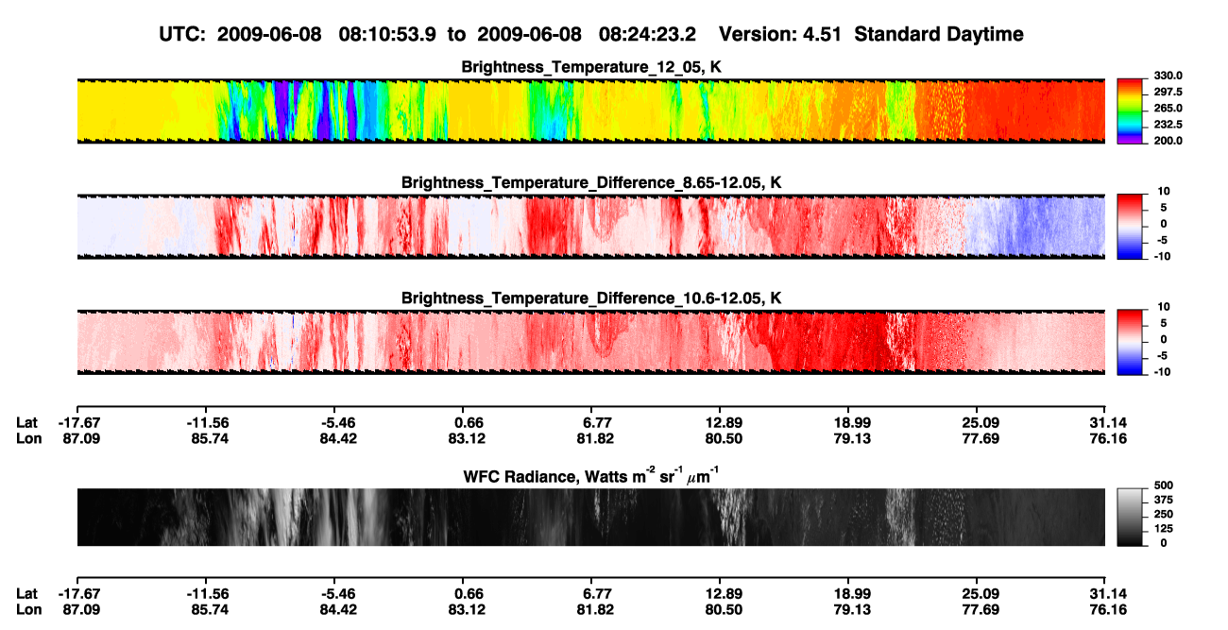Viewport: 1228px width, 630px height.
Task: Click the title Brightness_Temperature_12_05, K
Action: click(x=591, y=67)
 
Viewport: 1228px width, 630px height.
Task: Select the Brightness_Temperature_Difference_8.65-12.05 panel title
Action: click(x=591, y=182)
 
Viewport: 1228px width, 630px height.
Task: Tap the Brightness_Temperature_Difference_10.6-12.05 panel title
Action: click(x=591, y=298)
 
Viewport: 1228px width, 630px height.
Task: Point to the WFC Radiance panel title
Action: click(x=590, y=475)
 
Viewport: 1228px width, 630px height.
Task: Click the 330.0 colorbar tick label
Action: click(x=1168, y=76)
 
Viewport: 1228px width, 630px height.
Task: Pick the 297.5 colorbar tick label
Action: click(x=1168, y=93)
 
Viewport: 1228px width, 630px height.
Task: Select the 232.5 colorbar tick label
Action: click(x=1168, y=125)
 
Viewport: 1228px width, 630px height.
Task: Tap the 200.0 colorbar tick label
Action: click(x=1168, y=141)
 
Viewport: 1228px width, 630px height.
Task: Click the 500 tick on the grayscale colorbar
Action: click(x=1164, y=485)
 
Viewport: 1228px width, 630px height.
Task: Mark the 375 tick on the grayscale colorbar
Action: click(x=1164, y=500)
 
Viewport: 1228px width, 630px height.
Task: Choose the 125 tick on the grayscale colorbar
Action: click(x=1164, y=529)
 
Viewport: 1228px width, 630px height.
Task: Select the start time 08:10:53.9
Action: click(x=387, y=34)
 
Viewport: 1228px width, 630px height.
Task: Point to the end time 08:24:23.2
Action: click(x=647, y=34)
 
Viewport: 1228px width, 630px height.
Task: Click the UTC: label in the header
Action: click(x=182, y=34)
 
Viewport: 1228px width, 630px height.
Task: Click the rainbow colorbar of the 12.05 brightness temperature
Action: click(x=1130, y=111)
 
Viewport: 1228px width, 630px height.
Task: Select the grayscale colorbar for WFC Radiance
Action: click(x=1130, y=517)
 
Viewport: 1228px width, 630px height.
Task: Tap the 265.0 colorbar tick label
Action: click(x=1168, y=108)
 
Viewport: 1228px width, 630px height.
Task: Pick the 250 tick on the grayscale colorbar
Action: click(x=1164, y=515)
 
